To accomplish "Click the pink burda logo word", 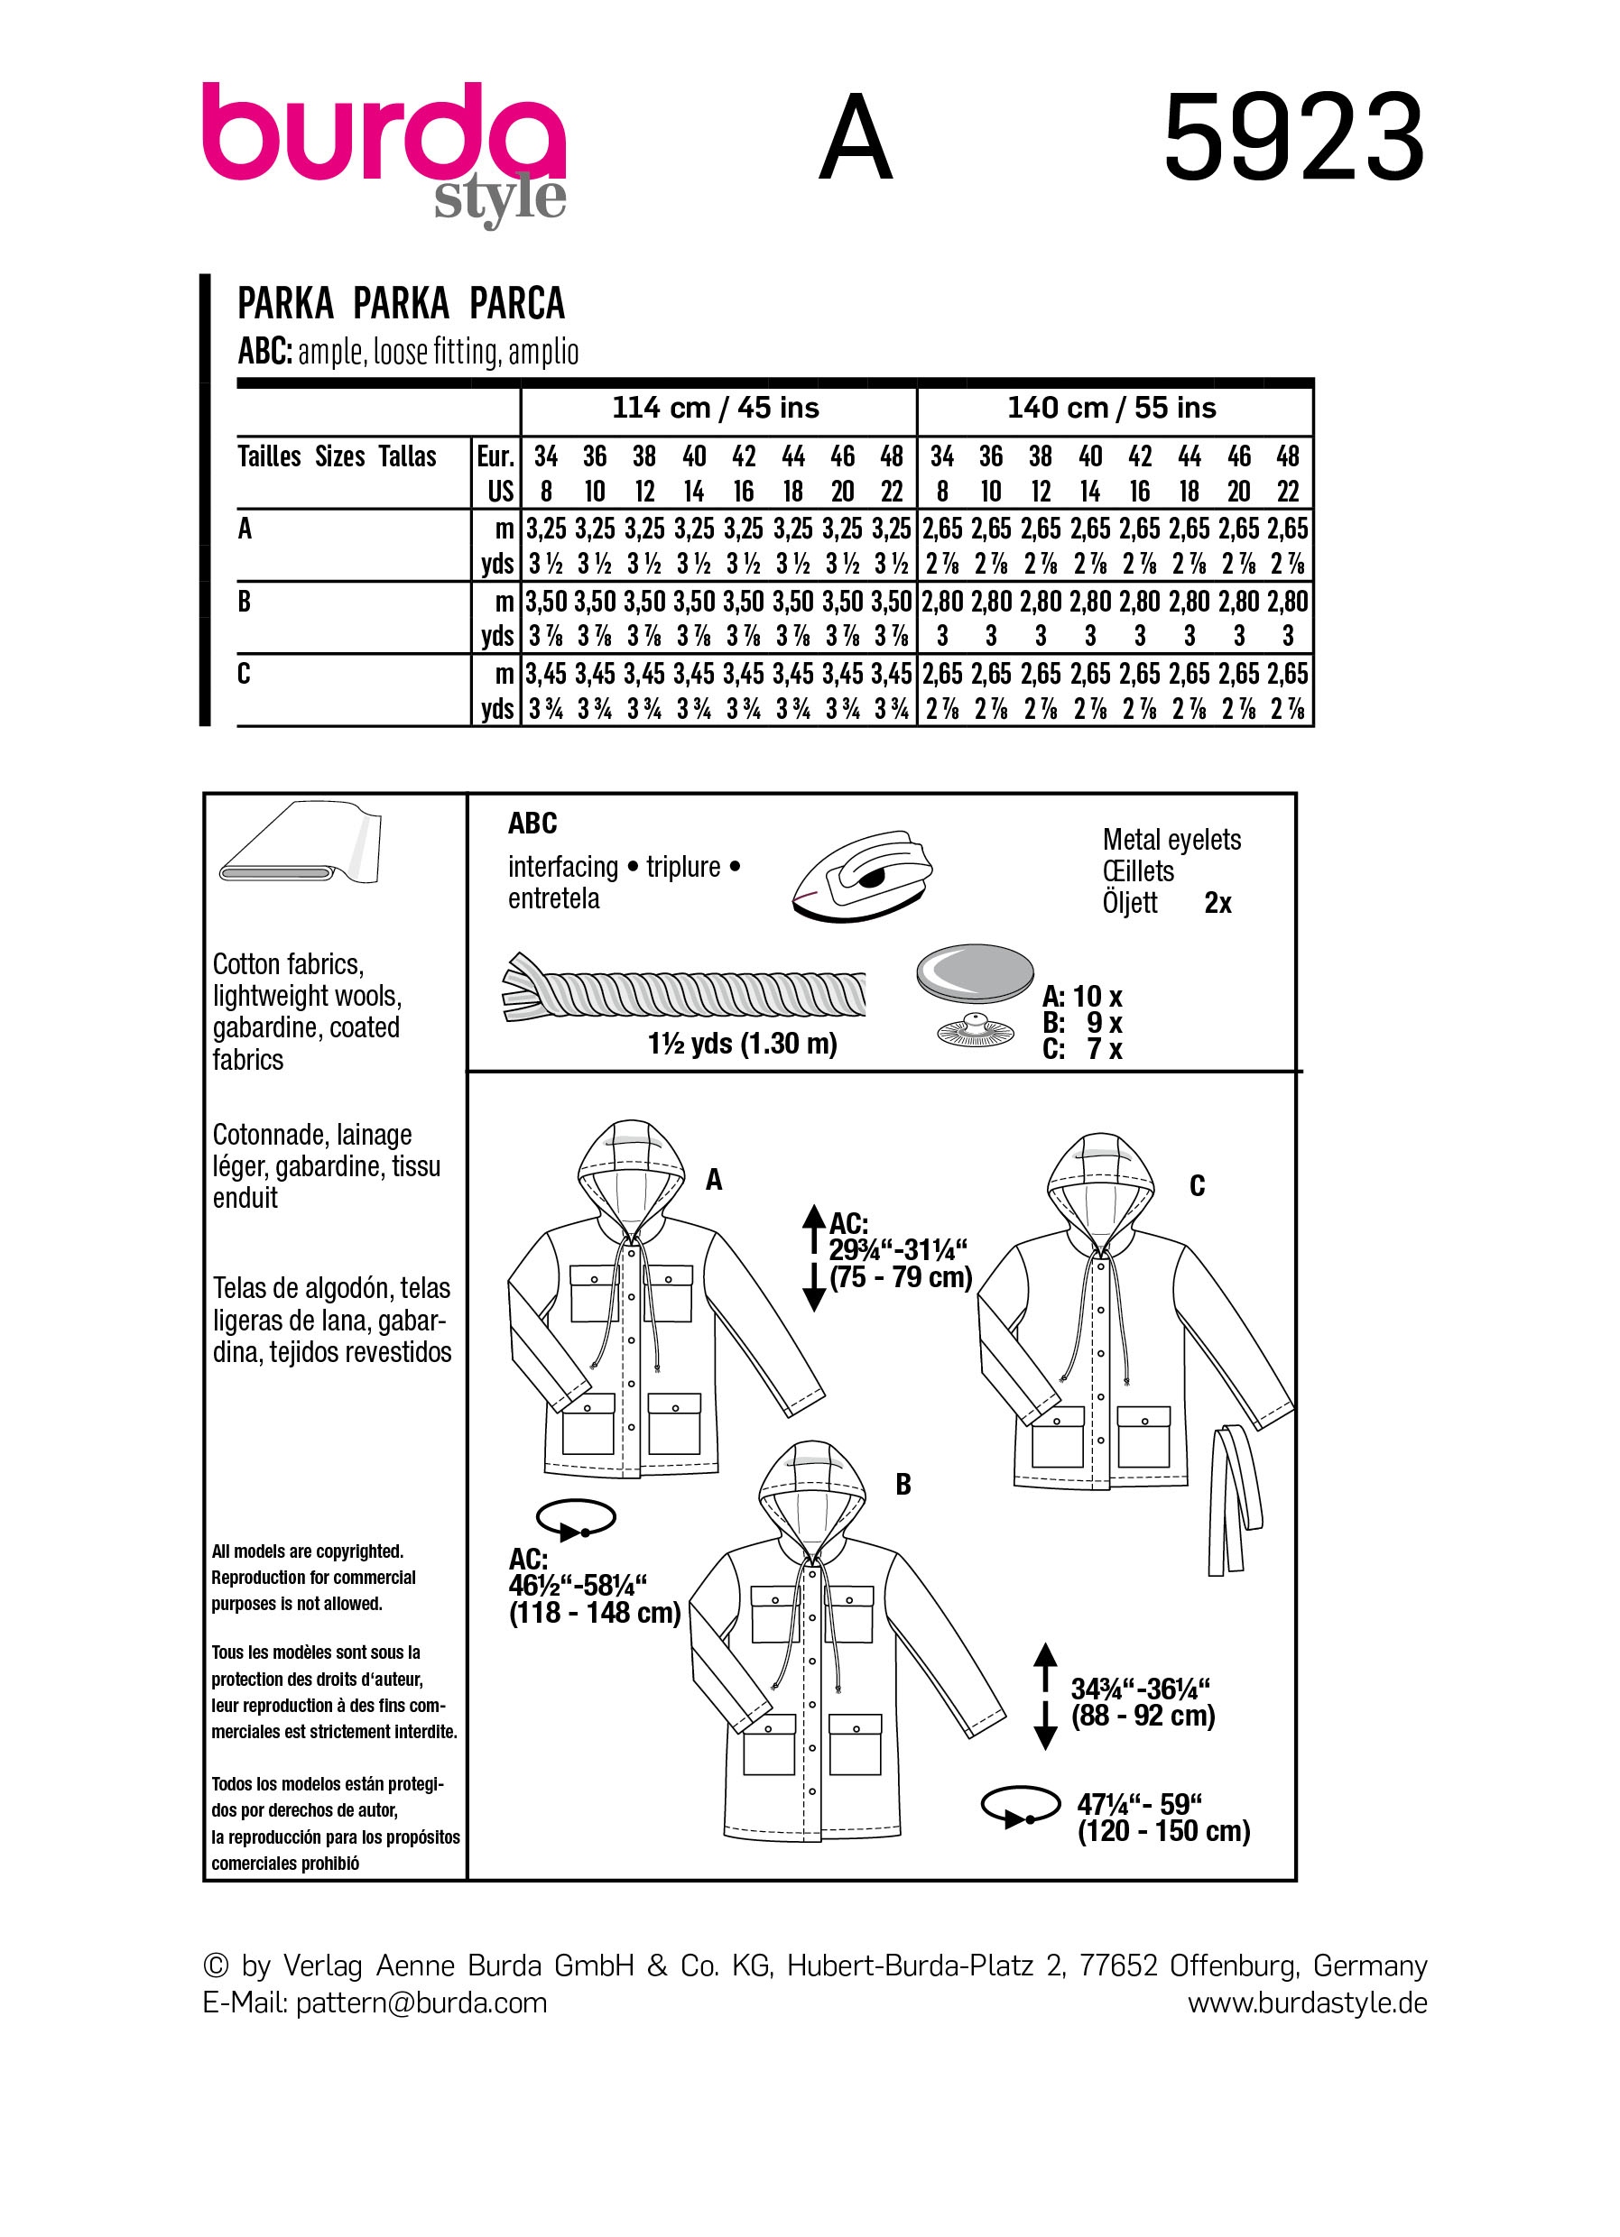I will point(383,134).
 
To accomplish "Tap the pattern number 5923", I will point(1293,137).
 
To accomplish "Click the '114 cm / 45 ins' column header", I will point(716,408).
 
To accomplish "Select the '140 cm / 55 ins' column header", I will point(1111,408).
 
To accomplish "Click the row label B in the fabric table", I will point(245,601).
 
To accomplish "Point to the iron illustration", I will point(861,876).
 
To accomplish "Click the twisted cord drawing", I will point(685,990).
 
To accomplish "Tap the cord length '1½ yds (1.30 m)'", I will point(742,1044).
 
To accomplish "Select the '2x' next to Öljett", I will point(1217,903).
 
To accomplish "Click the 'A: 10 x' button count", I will point(1082,996).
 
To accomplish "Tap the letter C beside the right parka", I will point(1197,1184).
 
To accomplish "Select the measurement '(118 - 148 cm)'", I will point(594,1613).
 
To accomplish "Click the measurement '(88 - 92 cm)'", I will point(1143,1716).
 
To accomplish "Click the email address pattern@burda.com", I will point(421,2002).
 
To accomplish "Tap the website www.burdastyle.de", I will point(1306,2002).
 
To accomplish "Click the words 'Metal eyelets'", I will point(1171,840).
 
